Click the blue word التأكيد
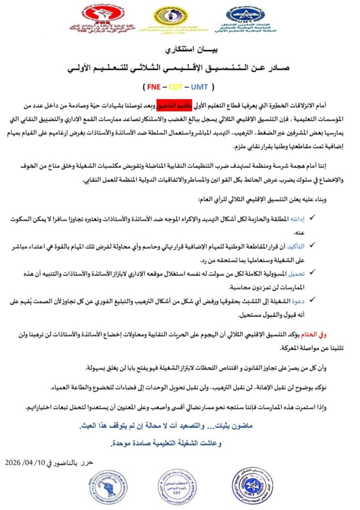297,246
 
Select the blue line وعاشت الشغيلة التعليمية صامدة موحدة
178,442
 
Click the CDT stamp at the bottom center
177,488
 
